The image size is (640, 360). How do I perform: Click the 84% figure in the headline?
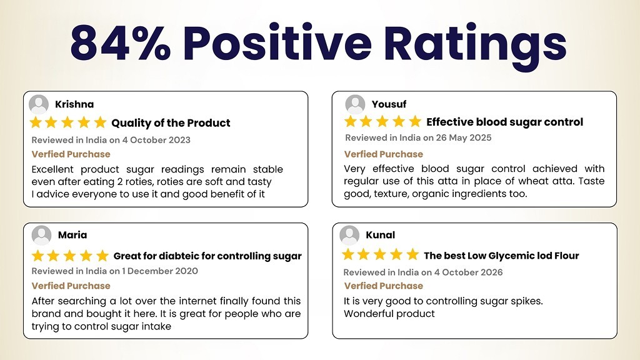[x=121, y=43]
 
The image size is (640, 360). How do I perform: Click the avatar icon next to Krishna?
[x=39, y=104]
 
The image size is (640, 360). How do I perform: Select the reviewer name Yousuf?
[x=389, y=104]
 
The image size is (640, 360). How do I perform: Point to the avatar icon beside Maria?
[x=42, y=235]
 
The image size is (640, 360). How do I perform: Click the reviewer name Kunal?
[x=381, y=235]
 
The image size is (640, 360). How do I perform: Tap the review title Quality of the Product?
[x=171, y=123]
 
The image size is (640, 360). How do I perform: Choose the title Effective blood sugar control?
[x=504, y=122]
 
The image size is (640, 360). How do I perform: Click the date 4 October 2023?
[x=156, y=140]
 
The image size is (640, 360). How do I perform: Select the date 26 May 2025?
[x=464, y=138]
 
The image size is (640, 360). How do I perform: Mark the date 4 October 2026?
[x=468, y=272]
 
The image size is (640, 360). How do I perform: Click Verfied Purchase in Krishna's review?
[x=71, y=154]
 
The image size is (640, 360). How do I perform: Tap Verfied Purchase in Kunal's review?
[x=383, y=286]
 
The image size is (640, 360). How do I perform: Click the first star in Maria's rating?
[x=38, y=256]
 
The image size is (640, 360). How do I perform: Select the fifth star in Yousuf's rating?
[x=415, y=121]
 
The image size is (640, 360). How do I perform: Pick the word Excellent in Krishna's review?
[x=52, y=169]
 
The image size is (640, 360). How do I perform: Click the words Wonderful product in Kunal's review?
[x=389, y=314]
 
